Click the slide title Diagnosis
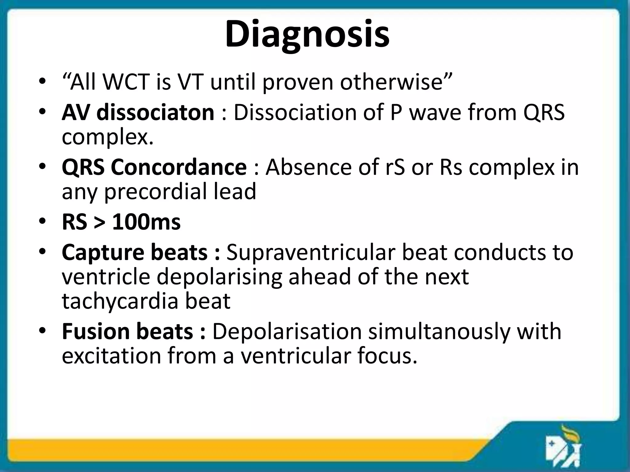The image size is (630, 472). [307, 34]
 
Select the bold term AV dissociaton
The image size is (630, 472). [138, 112]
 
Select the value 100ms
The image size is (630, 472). [146, 222]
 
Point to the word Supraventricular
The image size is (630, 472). [311, 252]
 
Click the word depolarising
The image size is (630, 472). [219, 277]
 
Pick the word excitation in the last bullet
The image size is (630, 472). [111, 356]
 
